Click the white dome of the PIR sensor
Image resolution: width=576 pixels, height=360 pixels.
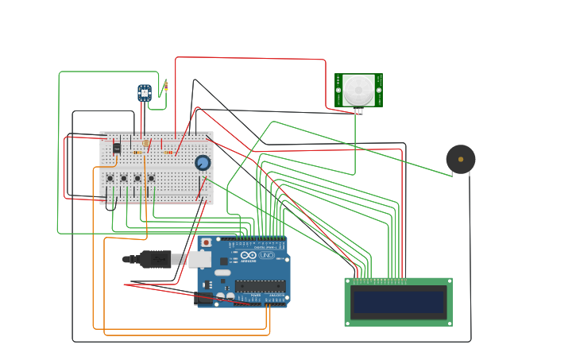358,89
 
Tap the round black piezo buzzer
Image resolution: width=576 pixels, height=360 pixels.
461,159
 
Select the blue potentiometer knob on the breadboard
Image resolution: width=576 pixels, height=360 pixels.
203,163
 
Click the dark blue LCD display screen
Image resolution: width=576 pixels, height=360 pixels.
398,302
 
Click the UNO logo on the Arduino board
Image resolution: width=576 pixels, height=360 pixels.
266,255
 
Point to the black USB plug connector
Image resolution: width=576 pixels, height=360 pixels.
154,259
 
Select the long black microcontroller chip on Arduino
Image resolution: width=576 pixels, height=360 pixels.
260,285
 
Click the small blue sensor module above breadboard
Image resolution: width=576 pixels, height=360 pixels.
145,93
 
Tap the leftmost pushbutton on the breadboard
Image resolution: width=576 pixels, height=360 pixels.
110,178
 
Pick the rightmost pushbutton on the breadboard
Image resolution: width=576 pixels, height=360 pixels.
151,178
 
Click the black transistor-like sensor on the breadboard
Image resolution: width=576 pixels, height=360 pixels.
117,148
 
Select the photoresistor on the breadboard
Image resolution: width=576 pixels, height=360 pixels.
146,144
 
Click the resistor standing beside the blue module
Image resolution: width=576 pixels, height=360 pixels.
165,86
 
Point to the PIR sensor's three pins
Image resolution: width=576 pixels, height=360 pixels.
358,110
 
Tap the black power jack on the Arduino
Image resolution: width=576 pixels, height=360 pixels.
203,299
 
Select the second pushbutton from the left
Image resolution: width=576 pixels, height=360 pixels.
123,178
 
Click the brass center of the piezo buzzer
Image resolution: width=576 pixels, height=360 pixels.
461,159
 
